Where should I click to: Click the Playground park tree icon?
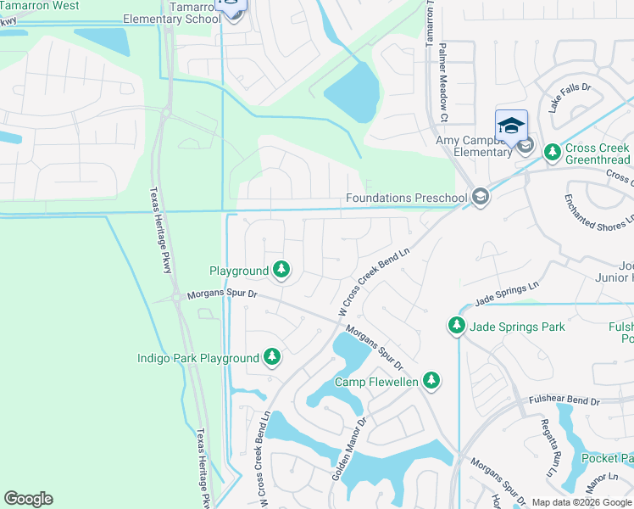(281, 271)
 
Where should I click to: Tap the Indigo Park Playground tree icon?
(272, 358)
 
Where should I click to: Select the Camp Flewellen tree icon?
(432, 382)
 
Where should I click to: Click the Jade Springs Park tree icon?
(457, 326)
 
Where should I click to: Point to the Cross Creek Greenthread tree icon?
(553, 153)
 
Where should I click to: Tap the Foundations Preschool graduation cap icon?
(481, 199)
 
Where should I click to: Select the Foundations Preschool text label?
(407, 199)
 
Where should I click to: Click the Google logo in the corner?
(29, 499)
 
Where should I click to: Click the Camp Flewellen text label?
(376, 383)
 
